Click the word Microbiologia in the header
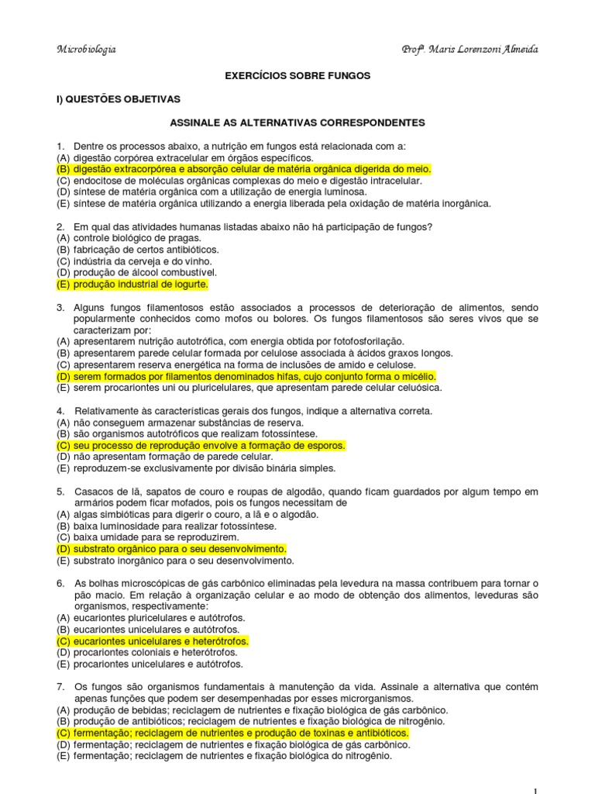[x=87, y=50]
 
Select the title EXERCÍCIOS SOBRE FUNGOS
[x=297, y=76]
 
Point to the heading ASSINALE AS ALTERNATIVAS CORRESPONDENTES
[x=297, y=123]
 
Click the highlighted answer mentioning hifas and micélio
[x=246, y=376]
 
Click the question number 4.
[x=60, y=411]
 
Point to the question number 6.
[x=60, y=583]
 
